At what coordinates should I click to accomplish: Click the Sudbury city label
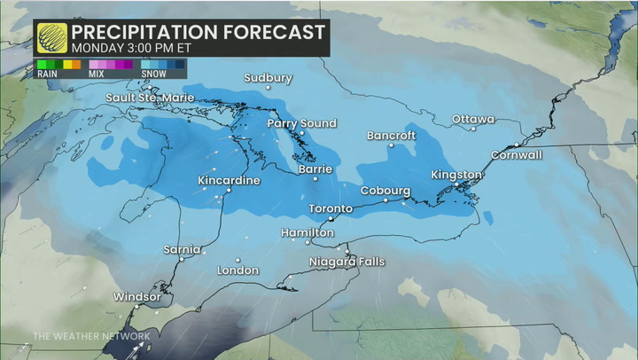(x=268, y=78)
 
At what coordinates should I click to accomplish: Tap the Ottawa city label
(x=473, y=119)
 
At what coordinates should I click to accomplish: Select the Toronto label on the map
(x=331, y=208)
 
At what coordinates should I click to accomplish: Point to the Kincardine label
(x=229, y=181)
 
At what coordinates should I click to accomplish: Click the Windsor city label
(x=137, y=296)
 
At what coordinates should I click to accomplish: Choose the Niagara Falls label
(x=346, y=262)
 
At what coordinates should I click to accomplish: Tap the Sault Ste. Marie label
(x=149, y=98)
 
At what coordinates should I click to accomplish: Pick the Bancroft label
(x=392, y=136)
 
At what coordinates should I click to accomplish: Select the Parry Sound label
(x=302, y=123)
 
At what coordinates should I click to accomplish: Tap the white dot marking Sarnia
(x=182, y=259)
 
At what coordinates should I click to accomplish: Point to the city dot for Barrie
(x=315, y=178)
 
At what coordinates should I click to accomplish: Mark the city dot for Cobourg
(x=385, y=200)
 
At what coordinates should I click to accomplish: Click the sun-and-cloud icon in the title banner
(x=52, y=37)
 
